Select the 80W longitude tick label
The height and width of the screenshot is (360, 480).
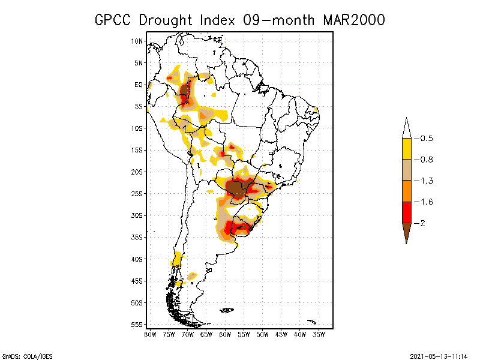[150, 334]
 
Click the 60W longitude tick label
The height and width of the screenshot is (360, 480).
[225, 334]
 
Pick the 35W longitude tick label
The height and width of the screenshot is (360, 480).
[319, 334]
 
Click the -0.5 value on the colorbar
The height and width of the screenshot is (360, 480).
[426, 139]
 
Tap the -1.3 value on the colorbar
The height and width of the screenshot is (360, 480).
[426, 181]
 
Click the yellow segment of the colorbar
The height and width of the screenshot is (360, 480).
[406, 149]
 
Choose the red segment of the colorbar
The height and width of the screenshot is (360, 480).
[406, 212]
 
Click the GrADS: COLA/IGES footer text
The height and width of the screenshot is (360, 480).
[27, 355]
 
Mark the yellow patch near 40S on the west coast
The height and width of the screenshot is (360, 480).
[177, 259]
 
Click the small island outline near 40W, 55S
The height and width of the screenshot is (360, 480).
[311, 322]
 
